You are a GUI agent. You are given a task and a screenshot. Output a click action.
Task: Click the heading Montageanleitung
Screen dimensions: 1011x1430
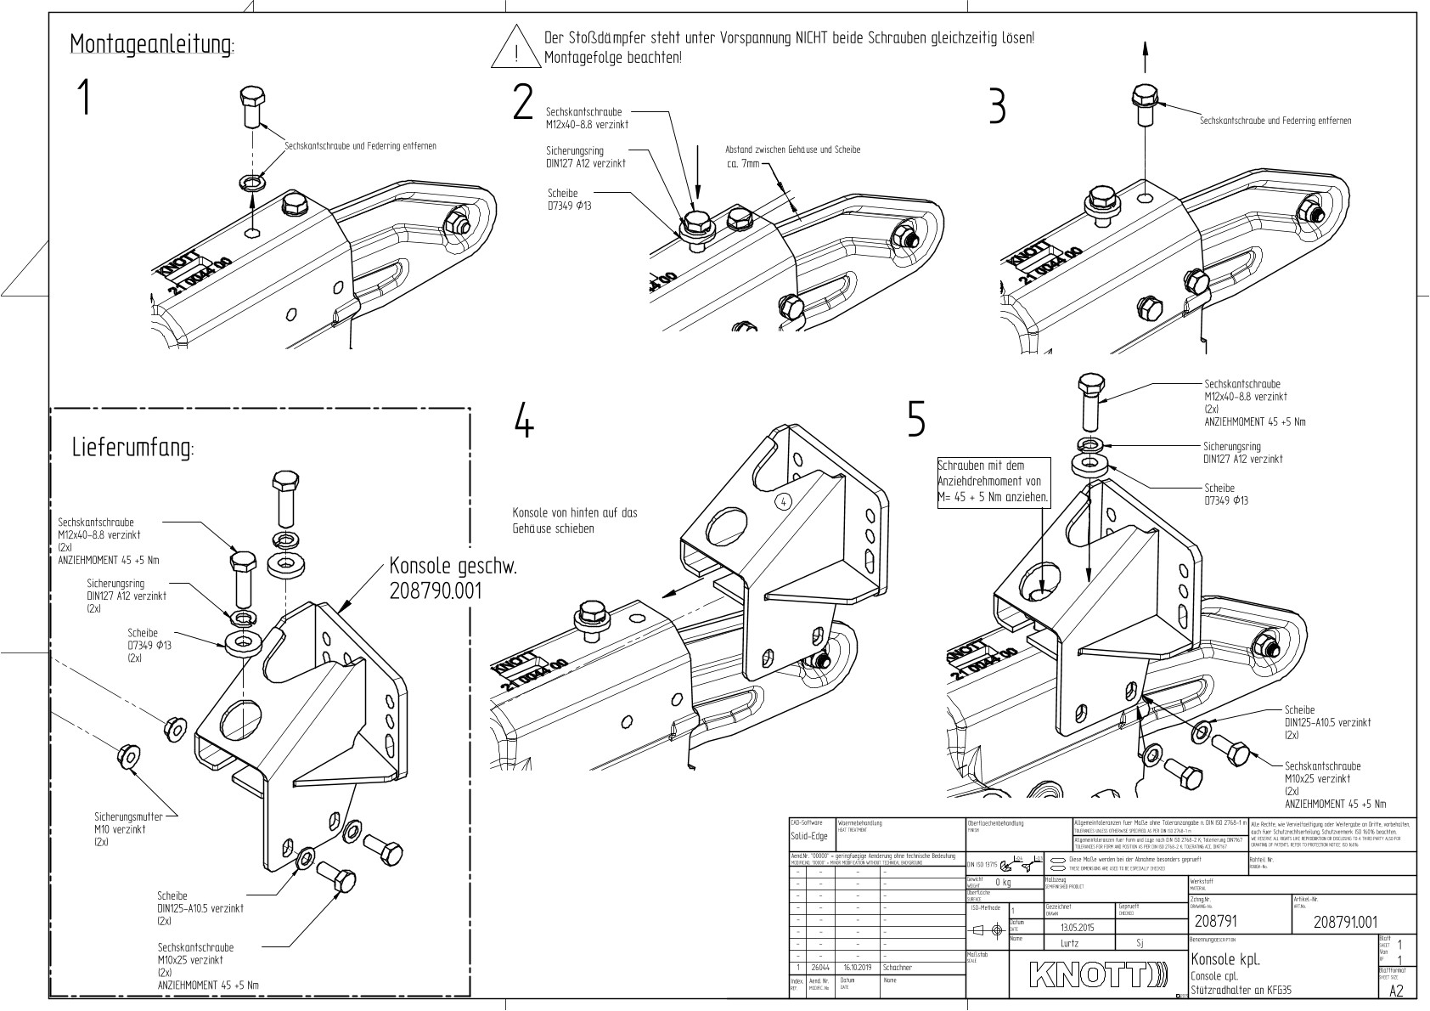[152, 43]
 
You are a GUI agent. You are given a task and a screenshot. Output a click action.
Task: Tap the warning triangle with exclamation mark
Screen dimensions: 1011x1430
[515, 49]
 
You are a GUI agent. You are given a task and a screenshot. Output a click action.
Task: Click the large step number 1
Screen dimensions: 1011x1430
[83, 97]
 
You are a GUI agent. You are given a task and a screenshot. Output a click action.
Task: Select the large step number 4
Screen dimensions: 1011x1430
[525, 421]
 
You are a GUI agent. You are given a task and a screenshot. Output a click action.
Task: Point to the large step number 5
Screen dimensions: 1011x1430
[915, 419]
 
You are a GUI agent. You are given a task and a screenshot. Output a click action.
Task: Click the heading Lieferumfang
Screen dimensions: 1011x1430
[132, 448]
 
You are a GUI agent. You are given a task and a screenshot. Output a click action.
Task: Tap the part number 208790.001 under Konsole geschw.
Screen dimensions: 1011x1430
[435, 590]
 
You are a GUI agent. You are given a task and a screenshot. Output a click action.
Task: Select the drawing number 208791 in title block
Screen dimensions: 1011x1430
[1214, 922]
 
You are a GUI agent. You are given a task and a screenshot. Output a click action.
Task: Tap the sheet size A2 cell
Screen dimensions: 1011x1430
[1396, 991]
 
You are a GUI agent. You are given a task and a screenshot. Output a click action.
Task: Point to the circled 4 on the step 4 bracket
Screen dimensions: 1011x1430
[784, 501]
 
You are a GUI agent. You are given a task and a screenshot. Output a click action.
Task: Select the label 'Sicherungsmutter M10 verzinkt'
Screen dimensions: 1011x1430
[121, 828]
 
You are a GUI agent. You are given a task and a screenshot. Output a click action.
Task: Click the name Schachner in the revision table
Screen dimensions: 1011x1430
[898, 967]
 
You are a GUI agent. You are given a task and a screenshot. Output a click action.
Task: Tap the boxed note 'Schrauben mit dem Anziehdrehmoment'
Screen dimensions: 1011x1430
[994, 482]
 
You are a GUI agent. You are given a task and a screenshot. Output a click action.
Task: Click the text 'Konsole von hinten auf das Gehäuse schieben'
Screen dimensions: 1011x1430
[575, 520]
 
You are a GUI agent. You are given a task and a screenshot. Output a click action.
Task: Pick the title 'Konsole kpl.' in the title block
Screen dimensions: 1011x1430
[1225, 958]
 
